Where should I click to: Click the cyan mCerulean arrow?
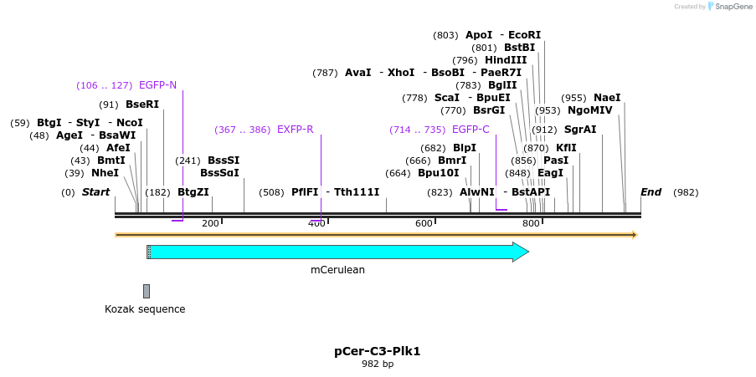click(335, 252)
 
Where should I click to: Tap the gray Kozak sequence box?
click(147, 291)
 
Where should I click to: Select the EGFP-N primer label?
click(157, 85)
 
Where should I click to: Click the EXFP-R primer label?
click(295, 130)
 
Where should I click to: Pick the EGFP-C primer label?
click(471, 130)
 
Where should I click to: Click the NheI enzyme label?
click(105, 173)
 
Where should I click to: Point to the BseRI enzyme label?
click(141, 104)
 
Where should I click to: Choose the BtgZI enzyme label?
click(193, 192)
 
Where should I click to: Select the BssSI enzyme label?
click(224, 160)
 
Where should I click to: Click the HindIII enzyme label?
click(506, 60)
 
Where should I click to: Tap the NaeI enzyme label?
click(607, 98)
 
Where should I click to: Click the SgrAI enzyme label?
click(580, 130)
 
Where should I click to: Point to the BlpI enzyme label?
click(465, 148)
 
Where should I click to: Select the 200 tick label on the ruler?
click(210, 223)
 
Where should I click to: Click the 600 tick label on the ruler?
click(424, 223)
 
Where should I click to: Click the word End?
click(651, 192)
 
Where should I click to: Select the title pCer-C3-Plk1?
click(377, 351)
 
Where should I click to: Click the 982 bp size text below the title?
click(377, 364)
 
